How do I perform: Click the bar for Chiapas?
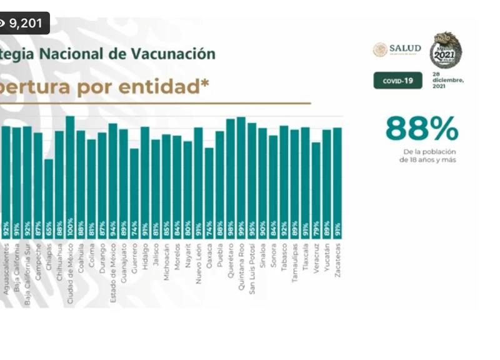pos(49,194)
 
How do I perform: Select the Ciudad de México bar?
pos(70,175)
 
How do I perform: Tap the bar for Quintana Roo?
pos(241,175)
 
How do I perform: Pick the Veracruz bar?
pos(316,187)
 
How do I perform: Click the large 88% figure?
pos(421,129)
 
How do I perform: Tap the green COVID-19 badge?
pos(397,81)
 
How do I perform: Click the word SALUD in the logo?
pos(405,49)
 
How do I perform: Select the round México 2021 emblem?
pos(445,50)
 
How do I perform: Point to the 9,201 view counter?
pos(25,23)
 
